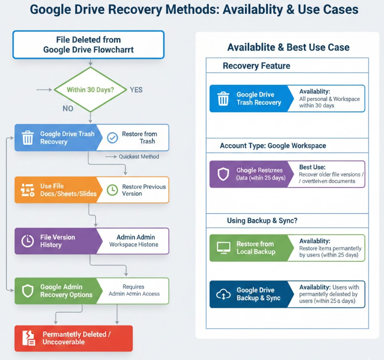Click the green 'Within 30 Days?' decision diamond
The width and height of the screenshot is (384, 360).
pyautogui.click(x=90, y=90)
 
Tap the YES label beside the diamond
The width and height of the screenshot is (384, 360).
pyautogui.click(x=136, y=90)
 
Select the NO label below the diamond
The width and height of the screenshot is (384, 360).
pyautogui.click(x=68, y=108)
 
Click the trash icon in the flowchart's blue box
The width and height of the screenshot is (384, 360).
pyautogui.click(x=28, y=138)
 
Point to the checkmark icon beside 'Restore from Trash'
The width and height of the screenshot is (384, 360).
pyautogui.click(x=112, y=138)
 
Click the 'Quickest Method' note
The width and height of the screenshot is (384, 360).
pyautogui.click(x=138, y=156)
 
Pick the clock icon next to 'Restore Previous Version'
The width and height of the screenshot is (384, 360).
pyautogui.click(x=112, y=190)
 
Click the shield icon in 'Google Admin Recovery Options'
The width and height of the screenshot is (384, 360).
pyautogui.click(x=28, y=291)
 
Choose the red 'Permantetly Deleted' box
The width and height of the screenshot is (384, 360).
pyautogui.click(x=73, y=338)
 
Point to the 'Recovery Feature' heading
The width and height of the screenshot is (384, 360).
pyautogui.click(x=256, y=66)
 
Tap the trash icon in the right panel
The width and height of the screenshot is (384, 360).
pyautogui.click(x=223, y=99)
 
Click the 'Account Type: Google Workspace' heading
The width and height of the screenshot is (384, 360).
pyautogui.click(x=273, y=146)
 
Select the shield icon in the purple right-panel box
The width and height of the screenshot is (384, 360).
pyautogui.click(x=223, y=174)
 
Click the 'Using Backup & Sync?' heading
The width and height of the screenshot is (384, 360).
pyautogui.click(x=262, y=221)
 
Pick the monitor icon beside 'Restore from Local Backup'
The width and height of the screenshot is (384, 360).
pyautogui.click(x=223, y=247)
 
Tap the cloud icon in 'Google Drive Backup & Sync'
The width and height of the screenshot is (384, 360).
pyautogui.click(x=223, y=294)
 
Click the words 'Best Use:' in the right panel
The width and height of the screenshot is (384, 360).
pyautogui.click(x=312, y=167)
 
